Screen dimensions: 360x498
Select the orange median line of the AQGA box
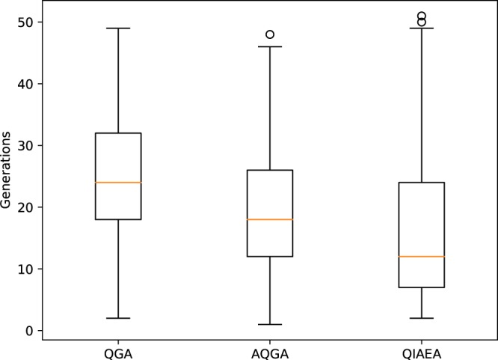tap(270, 219)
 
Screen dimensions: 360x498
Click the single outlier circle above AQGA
tap(270, 34)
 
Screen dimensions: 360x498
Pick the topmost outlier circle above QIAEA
tap(421, 16)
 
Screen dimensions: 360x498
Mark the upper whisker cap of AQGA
tap(270, 46)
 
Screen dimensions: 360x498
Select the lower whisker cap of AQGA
tap(270, 324)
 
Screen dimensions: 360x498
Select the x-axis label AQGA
tap(270, 350)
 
